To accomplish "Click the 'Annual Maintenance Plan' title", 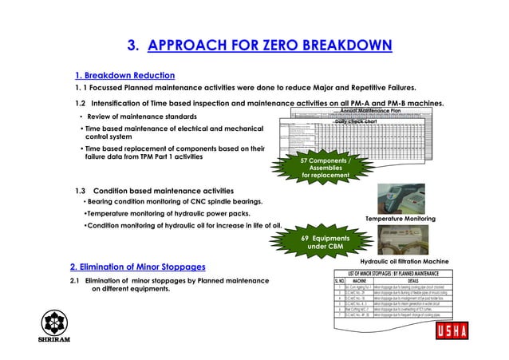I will coord(392,110).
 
